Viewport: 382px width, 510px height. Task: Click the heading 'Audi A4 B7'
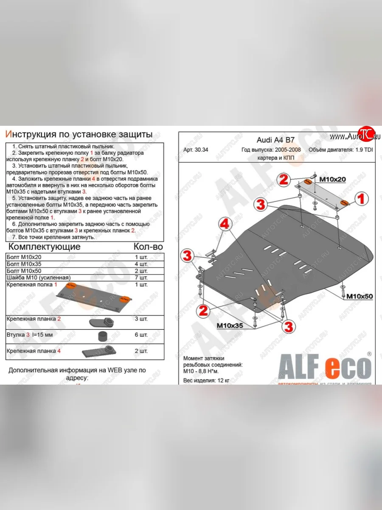pyautogui.click(x=276, y=140)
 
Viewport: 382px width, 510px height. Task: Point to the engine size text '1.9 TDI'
pyautogui.click(x=365, y=150)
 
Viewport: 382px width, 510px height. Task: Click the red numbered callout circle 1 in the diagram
pyautogui.click(x=362, y=198)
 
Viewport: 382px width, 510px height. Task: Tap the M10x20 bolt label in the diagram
pyautogui.click(x=332, y=180)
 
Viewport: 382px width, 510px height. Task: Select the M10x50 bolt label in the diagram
pyautogui.click(x=360, y=296)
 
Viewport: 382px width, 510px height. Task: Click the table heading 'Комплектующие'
pyautogui.click(x=44, y=246)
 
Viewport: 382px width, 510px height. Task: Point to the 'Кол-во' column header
pyautogui.click(x=148, y=246)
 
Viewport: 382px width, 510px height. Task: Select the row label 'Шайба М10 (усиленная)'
pyautogui.click(x=38, y=278)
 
